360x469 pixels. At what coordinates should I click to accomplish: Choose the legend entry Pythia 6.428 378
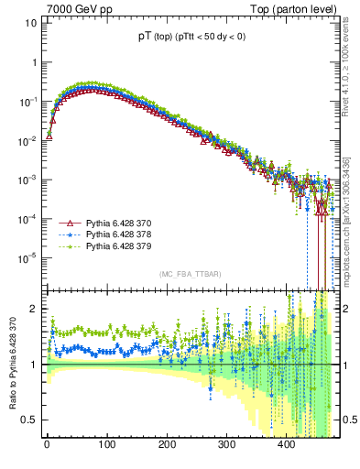pos(122,235)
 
